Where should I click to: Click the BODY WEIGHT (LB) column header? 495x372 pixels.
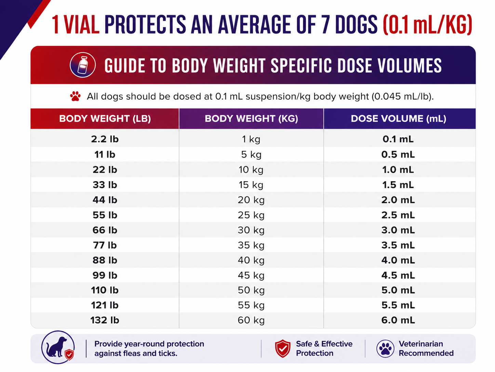coord(105,119)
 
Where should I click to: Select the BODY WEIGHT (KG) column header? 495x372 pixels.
coord(251,119)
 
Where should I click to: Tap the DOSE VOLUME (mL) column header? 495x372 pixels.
coord(399,119)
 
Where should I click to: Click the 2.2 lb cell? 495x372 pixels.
coord(105,139)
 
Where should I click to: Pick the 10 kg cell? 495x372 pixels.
coord(251,170)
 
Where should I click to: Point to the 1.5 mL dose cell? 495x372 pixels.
coord(398,185)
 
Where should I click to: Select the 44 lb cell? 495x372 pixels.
coord(105,200)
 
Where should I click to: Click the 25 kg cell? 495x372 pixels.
coord(251,215)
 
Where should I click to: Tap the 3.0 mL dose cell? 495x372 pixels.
coord(398,230)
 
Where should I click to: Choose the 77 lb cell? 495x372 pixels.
coord(105,245)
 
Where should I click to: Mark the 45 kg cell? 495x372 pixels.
coord(251,275)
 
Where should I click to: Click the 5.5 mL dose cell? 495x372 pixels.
coord(398,305)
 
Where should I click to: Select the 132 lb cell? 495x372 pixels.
coord(105,320)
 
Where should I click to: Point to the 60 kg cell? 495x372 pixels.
coord(251,320)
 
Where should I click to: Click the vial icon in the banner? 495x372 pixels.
coord(83,65)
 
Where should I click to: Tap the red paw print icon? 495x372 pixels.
coord(75,96)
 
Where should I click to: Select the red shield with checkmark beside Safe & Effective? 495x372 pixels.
coord(283,348)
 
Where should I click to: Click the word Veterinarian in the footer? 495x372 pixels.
coord(421,344)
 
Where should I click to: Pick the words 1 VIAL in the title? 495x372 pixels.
coord(76,25)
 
